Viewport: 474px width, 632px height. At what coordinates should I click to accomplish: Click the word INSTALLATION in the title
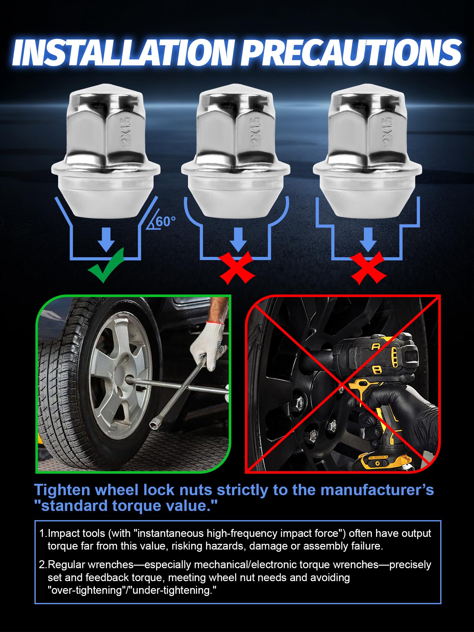[123, 52]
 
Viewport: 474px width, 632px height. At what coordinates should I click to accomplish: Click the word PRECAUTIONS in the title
[353, 52]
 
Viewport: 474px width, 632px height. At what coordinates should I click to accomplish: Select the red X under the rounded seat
[237, 268]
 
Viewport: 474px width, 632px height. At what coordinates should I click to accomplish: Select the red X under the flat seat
[368, 268]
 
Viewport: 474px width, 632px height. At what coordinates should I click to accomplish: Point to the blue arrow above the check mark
[106, 239]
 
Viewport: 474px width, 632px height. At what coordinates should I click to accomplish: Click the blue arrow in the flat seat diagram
[368, 239]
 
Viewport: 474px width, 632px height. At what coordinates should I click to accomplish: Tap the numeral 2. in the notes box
[43, 565]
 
